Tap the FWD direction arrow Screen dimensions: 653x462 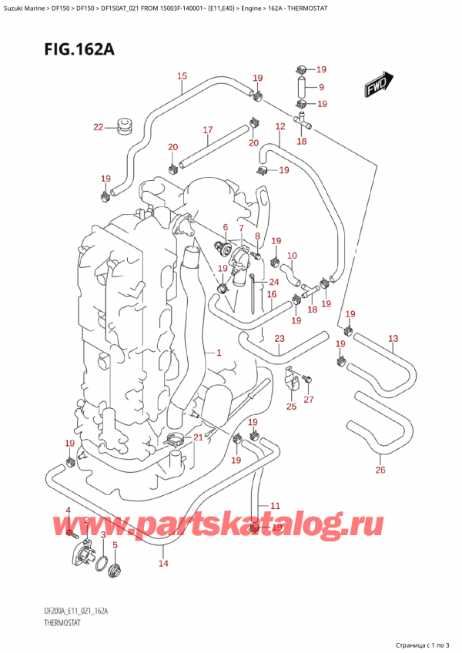[380, 82]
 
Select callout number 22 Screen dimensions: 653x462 [98, 127]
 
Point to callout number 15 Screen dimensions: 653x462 [182, 75]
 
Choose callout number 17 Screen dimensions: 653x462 [207, 130]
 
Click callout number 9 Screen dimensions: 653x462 [321, 87]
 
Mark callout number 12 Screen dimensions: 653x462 [280, 126]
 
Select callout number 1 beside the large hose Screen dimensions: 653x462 [219, 353]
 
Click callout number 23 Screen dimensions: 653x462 [279, 338]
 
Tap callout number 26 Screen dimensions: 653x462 [380, 470]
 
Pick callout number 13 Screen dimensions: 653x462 [393, 338]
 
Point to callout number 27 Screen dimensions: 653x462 [310, 399]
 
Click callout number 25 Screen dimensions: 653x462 [290, 406]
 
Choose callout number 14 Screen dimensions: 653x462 [162, 564]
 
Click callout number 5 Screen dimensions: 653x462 [115, 545]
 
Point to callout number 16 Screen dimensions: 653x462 [271, 294]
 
